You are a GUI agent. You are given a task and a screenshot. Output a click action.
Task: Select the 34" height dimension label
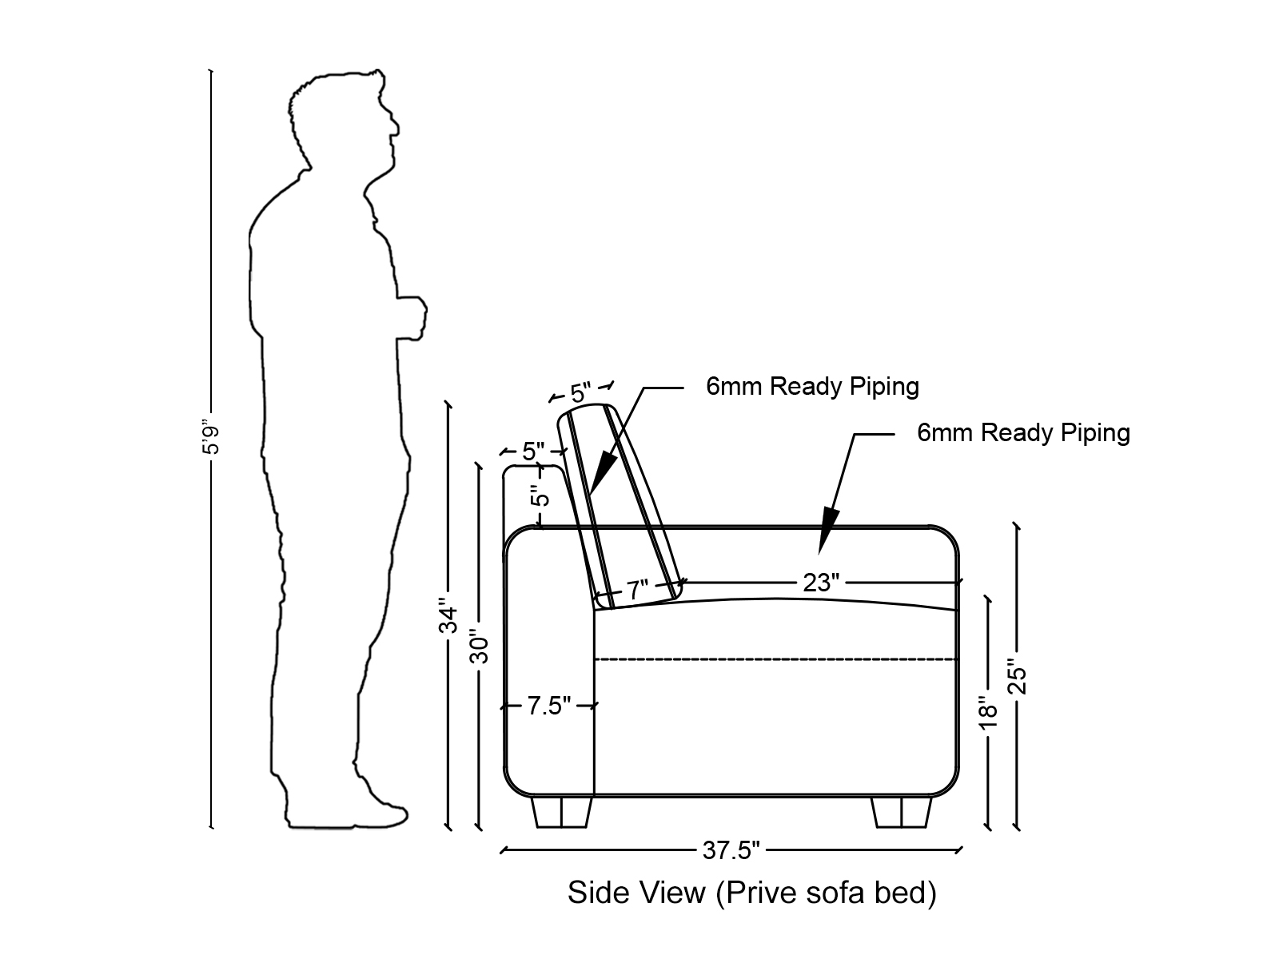pos(449,615)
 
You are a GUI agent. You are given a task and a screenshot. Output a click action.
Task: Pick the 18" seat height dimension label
pos(989,714)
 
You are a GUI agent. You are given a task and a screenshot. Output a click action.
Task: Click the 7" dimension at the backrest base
pos(637,591)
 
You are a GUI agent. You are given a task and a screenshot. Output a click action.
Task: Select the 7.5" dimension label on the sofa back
pos(548,706)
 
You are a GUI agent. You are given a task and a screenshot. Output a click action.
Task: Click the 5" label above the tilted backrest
pos(580,392)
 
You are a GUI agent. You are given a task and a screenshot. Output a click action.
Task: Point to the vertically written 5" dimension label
pos(541,496)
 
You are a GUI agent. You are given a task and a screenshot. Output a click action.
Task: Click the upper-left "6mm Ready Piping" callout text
pos(812,387)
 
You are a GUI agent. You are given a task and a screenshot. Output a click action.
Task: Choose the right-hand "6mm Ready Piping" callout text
pos(1023,433)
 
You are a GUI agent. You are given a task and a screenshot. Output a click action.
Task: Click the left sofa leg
pos(561,812)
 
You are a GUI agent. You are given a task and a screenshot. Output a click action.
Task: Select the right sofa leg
pos(902,812)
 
